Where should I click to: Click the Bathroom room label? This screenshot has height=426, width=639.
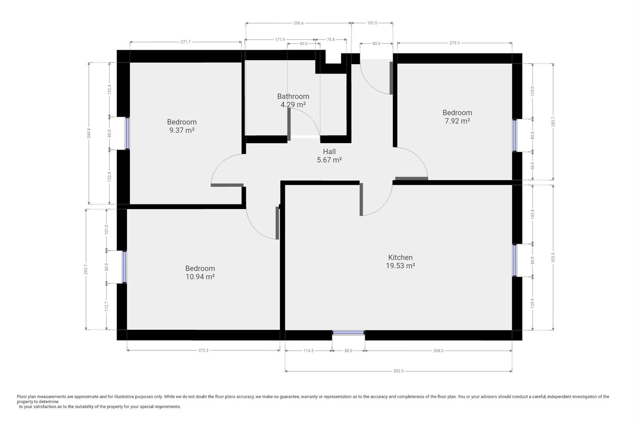[293, 97]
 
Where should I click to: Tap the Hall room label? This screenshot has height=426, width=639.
[329, 151]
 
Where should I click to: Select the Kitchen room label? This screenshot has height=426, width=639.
[400, 257]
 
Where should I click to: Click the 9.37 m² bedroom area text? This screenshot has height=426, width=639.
[182, 131]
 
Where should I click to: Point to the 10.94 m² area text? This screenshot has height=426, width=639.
[200, 277]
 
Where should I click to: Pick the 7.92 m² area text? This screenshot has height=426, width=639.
[457, 121]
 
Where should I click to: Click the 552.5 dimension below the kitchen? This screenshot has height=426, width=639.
[398, 371]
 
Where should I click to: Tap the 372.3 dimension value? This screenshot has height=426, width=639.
[204, 350]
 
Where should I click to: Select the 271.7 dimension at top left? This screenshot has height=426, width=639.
[185, 42]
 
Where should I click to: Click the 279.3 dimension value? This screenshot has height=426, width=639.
[454, 43]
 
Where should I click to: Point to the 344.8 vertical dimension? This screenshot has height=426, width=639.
[89, 133]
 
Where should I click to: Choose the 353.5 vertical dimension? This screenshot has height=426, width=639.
[553, 257]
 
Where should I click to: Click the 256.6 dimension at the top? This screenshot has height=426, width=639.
[298, 23]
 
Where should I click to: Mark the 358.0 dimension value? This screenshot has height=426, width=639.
[439, 351]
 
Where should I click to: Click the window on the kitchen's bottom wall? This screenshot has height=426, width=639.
[349, 333]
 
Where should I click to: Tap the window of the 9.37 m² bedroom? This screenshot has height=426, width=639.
[127, 133]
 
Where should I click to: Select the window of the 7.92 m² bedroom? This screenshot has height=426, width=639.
[515, 135]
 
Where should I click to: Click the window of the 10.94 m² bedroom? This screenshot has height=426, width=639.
[124, 267]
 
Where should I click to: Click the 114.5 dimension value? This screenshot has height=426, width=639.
[308, 351]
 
